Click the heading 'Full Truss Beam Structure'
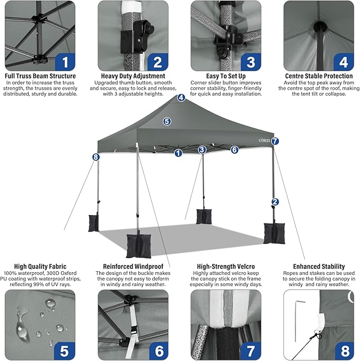[x=40, y=76]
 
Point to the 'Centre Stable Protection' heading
[x=319, y=76]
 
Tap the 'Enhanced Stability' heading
[x=319, y=267]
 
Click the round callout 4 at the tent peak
[x=181, y=98]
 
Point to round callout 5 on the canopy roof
[x=167, y=122]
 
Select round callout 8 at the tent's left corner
[x=95, y=157]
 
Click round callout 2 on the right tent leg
[x=275, y=202]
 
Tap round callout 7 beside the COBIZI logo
[x=275, y=141]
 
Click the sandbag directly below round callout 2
[x=274, y=233]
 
